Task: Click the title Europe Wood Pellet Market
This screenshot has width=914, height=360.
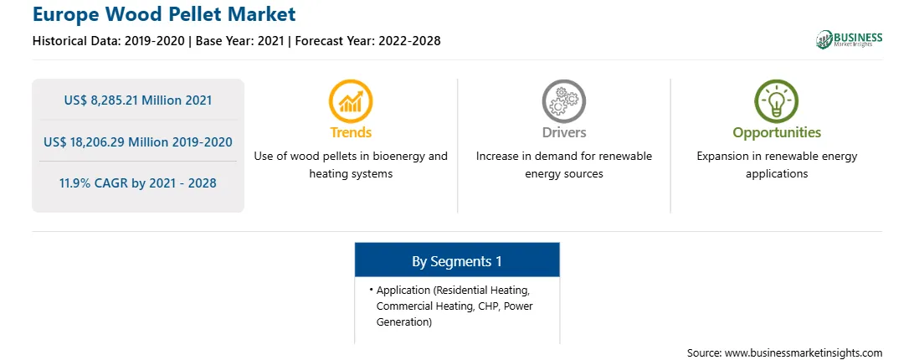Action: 164,13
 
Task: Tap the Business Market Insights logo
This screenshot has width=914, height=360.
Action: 849,39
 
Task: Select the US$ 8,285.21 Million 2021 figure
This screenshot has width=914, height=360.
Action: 138,100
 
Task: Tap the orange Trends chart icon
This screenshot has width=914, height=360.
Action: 351,101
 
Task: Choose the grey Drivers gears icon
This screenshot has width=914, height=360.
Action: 563,101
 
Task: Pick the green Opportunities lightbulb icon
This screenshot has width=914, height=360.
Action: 777,101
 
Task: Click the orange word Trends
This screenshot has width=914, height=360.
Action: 351,132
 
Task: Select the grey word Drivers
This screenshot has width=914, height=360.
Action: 563,132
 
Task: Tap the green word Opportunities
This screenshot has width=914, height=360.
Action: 777,133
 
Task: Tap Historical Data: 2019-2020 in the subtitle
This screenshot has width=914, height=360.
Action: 110,41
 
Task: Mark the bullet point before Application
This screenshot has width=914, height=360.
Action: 372,290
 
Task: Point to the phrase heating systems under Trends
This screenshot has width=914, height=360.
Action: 351,174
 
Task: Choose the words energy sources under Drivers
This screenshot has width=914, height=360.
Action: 563,174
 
